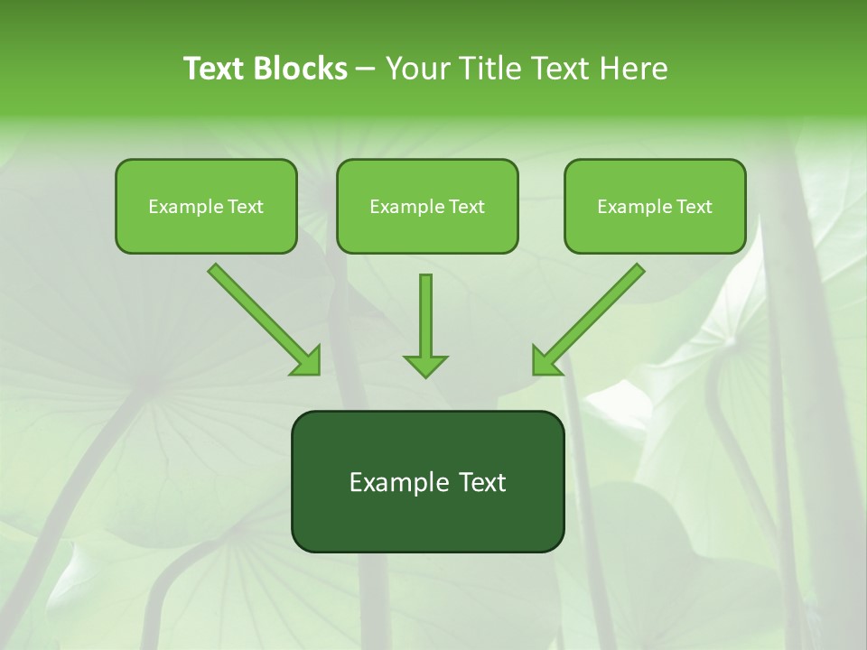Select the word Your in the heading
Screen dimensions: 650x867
coord(419,69)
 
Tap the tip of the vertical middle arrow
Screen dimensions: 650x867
coord(425,375)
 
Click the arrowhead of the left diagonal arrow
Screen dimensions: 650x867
coord(310,364)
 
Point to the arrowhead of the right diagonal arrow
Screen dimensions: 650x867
coord(543,364)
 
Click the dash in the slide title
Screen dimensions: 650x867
coord(367,70)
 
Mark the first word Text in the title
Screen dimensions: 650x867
coord(215,69)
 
